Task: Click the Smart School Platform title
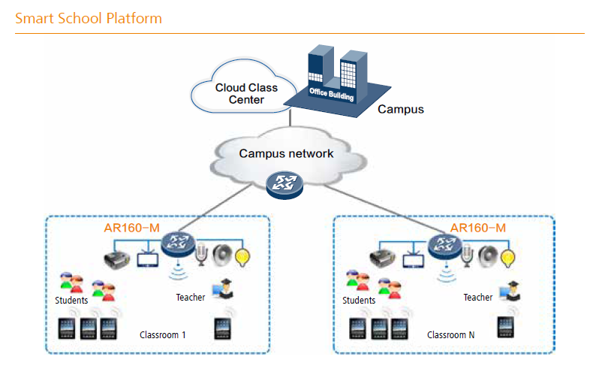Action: (89, 18)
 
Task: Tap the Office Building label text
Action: (332, 94)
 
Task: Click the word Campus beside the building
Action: (401, 109)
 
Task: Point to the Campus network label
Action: (286, 153)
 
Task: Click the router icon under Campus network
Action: (284, 185)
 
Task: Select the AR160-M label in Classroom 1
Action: (131, 228)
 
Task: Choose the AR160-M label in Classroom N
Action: (478, 228)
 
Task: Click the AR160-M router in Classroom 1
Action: (178, 244)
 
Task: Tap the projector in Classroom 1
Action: (117, 259)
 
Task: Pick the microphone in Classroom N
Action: (468, 255)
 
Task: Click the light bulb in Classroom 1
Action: (242, 257)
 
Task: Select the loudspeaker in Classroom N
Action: (488, 256)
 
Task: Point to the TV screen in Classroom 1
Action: (147, 259)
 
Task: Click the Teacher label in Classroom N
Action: (478, 298)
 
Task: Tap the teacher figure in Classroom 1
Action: (223, 289)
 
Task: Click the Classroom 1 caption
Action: (163, 335)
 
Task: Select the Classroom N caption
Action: (450, 335)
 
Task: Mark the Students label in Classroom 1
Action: (71, 301)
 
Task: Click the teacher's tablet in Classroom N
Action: (506, 327)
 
